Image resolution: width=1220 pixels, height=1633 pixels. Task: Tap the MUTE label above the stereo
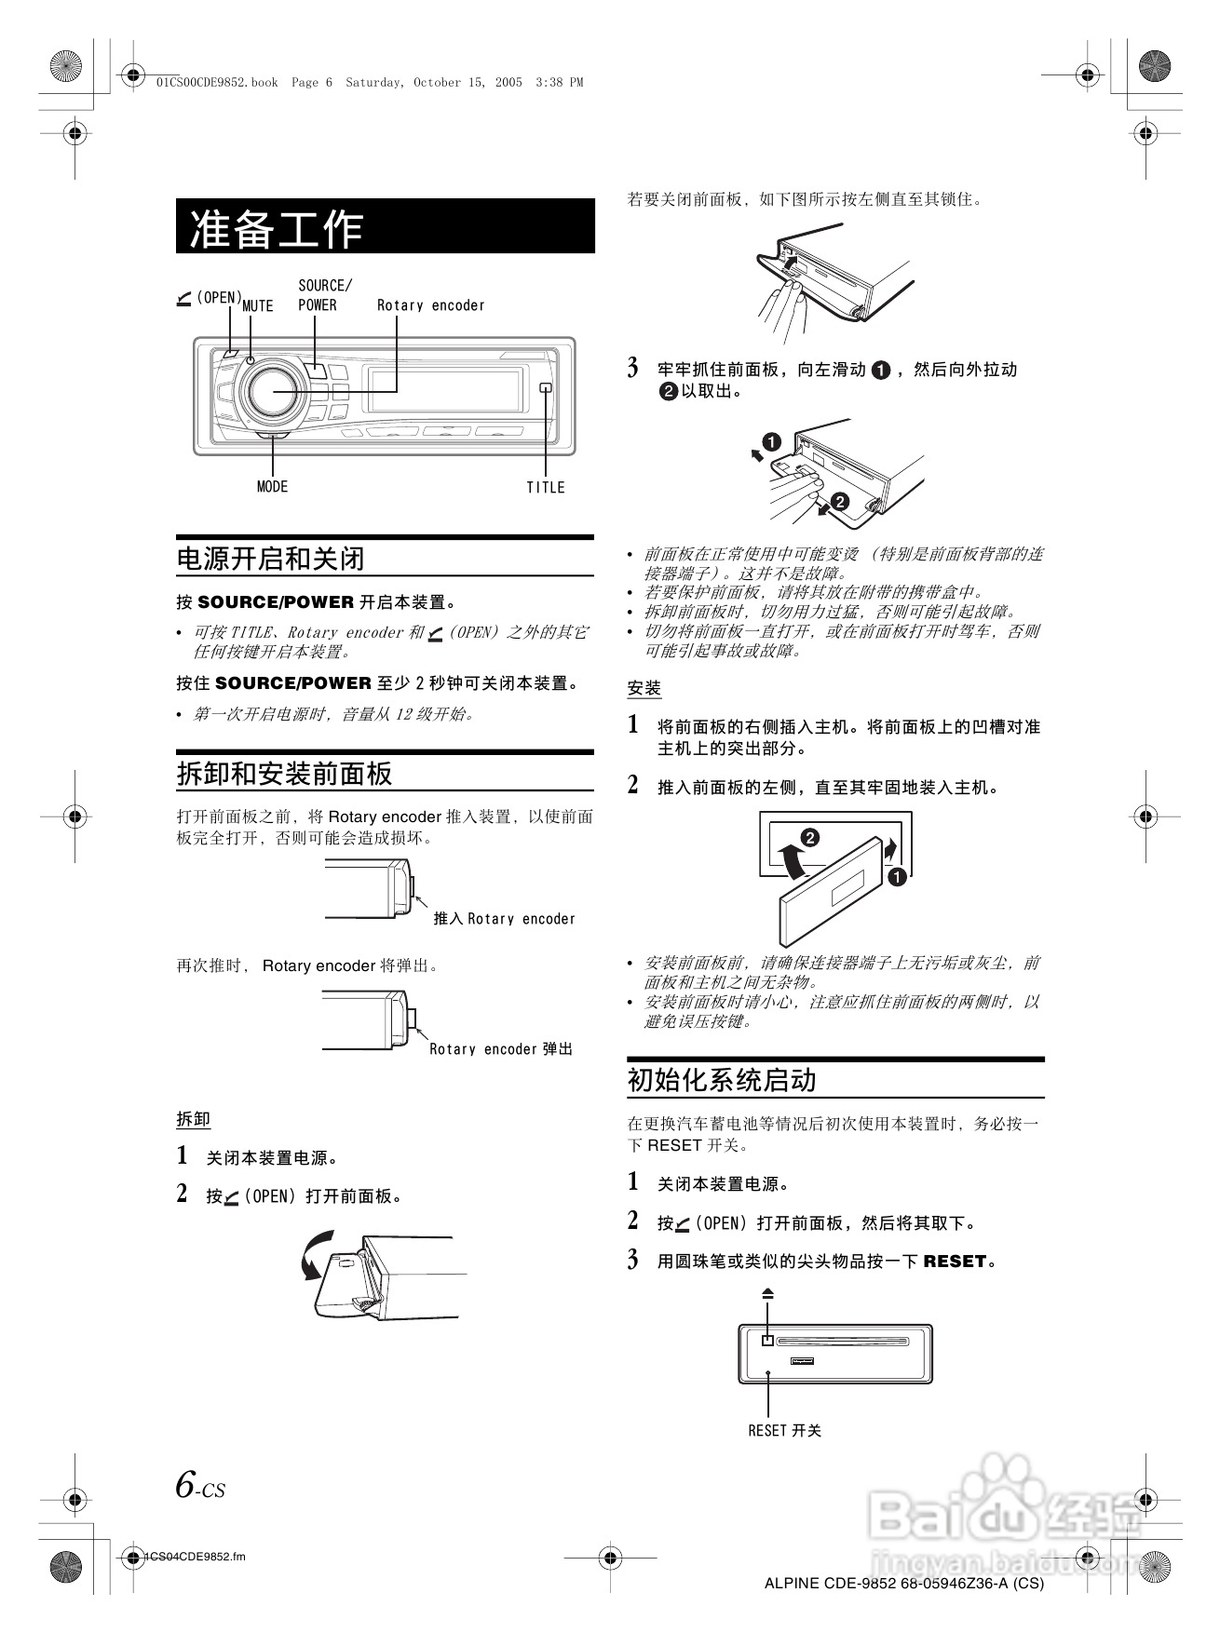click(258, 306)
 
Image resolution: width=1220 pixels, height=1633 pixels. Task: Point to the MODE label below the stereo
click(272, 487)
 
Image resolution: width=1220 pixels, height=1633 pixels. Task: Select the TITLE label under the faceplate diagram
click(546, 487)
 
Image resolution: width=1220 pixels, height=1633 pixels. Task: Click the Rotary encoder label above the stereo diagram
click(430, 305)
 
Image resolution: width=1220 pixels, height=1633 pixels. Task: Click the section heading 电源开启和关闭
click(271, 559)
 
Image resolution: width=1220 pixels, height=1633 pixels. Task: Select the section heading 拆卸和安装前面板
click(285, 774)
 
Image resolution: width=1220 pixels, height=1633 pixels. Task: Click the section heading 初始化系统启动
click(722, 1080)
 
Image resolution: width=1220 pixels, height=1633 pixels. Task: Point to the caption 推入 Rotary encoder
click(504, 919)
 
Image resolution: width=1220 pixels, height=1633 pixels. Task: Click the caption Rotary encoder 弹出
click(501, 1049)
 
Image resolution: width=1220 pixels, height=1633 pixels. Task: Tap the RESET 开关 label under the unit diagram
click(784, 1430)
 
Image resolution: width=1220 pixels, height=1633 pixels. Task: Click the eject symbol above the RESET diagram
click(767, 1293)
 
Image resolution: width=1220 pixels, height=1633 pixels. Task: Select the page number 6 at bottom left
click(187, 1483)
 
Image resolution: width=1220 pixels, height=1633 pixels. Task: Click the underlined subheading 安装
click(644, 688)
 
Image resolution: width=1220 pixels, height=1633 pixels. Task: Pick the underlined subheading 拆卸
click(194, 1119)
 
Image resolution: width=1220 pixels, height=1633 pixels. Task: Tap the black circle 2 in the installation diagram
click(810, 838)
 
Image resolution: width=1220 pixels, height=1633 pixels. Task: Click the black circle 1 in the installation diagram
click(897, 877)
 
